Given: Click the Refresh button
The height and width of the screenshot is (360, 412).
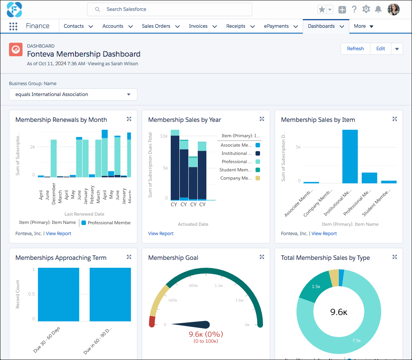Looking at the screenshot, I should point(355,49).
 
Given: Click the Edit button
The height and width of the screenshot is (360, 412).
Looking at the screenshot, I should point(380,49).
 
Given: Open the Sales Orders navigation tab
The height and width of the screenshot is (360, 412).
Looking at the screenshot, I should point(156,26).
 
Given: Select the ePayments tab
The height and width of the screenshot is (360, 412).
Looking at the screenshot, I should point(276,26).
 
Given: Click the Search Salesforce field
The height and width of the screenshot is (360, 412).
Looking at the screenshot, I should point(170,9).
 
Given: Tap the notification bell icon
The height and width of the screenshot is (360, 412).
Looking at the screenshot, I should point(378,9).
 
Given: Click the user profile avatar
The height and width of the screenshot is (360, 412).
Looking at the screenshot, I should point(394,9).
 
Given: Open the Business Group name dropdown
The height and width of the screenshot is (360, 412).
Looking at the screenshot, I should point(73,94).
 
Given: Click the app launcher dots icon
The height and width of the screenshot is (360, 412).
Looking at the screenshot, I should point(13,26).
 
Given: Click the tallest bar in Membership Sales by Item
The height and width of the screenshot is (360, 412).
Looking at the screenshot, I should point(350,156).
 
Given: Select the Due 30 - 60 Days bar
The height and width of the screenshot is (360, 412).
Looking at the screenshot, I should point(58,294).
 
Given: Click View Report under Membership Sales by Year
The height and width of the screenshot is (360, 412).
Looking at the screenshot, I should point(161,234).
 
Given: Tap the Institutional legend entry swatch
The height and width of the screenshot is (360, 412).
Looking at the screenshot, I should point(257,153).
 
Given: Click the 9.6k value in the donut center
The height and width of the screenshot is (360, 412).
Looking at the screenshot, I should point(338,312).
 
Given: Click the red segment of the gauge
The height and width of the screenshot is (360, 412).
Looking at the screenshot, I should point(152,321).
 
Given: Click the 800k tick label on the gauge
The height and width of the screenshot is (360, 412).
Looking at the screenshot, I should point(194,286).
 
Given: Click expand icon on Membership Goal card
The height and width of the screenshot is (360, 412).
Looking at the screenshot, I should point(262,257).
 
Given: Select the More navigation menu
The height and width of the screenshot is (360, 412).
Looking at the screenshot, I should point(364,26).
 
